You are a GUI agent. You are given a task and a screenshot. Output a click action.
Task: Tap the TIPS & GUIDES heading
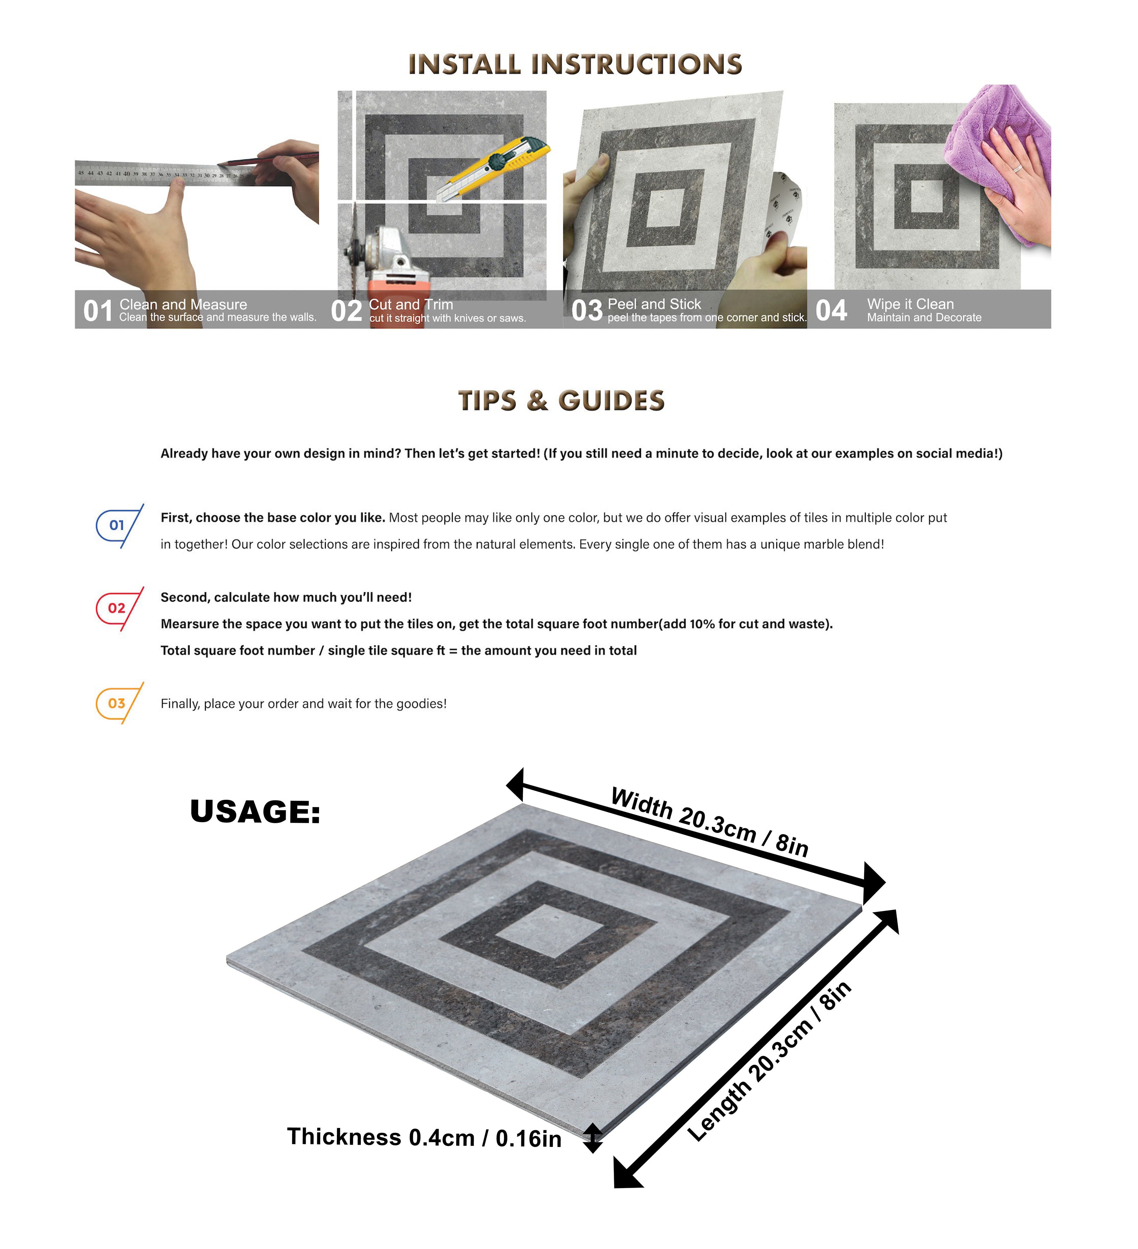coord(561,401)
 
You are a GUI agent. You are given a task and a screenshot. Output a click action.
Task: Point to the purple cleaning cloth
coord(998,164)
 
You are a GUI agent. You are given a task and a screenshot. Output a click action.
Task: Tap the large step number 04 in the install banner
coord(831,310)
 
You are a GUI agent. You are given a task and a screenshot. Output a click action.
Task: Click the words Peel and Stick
coord(654,304)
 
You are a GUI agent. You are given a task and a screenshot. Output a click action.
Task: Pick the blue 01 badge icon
coord(120,526)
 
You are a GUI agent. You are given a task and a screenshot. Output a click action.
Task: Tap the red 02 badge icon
coord(120,608)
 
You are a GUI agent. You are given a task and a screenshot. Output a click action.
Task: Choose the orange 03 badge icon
coord(120,703)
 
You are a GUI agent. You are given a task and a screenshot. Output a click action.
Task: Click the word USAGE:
coord(255,812)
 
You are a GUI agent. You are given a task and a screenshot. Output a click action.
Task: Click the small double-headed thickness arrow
coord(593,1138)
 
